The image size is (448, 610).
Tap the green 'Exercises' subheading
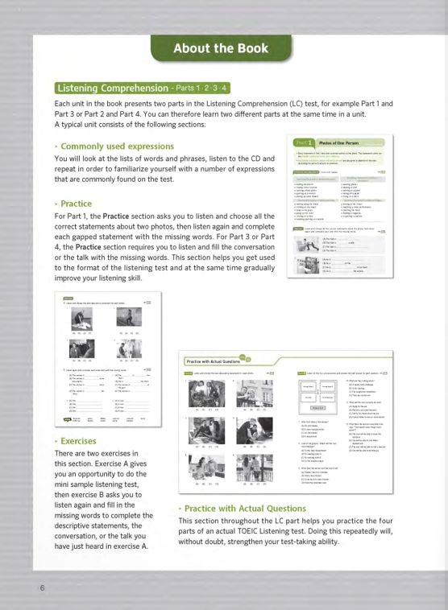[79, 441]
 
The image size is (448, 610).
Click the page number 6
[41, 587]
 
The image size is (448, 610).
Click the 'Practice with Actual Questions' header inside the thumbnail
[212, 362]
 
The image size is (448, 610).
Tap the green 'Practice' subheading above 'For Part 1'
[77, 204]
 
